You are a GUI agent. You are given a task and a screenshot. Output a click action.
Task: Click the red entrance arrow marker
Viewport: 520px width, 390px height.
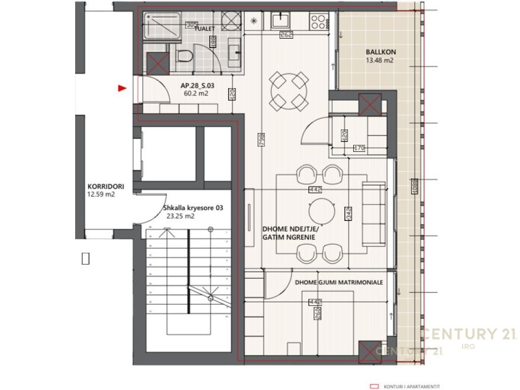tap(121, 88)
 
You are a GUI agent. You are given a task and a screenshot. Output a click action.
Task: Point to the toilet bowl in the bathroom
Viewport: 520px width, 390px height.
tap(185, 56)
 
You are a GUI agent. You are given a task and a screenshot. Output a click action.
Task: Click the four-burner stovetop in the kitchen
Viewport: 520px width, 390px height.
tap(319, 21)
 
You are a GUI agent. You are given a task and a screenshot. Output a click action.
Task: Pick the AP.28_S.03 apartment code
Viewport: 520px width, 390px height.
tap(198, 86)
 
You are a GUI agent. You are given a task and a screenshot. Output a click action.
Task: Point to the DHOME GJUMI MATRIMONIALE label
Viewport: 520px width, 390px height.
tap(339, 282)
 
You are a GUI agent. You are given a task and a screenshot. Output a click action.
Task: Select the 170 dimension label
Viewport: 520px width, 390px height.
tap(359, 149)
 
